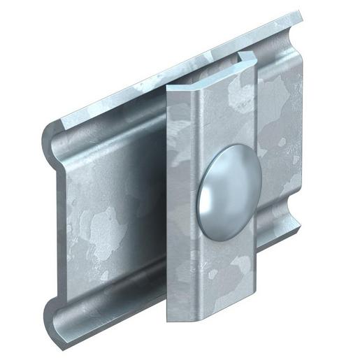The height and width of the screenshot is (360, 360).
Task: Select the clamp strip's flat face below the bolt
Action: pos(210,273)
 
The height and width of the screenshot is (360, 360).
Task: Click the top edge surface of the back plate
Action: pos(175,70)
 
